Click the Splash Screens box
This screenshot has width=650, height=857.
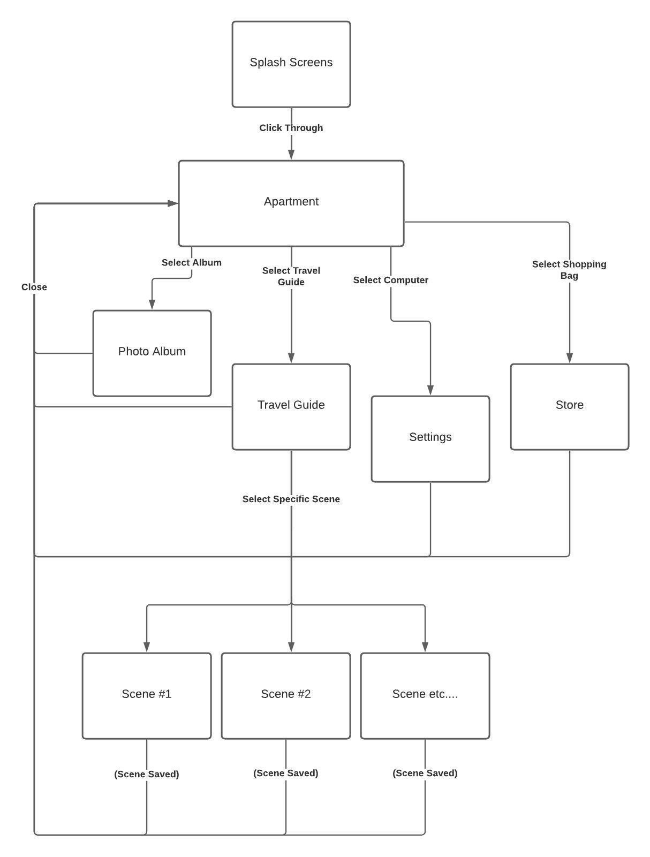(291, 64)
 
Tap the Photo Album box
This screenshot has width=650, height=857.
(152, 353)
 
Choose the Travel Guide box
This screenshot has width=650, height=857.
(291, 407)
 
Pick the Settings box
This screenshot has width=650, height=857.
(430, 439)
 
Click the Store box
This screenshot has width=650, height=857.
(569, 407)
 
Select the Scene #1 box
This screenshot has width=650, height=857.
(146, 696)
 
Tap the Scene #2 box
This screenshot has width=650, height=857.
(285, 696)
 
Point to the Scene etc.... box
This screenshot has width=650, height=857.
(425, 696)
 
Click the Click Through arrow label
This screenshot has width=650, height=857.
(291, 128)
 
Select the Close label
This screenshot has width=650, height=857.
(34, 287)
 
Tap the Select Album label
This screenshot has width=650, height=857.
(191, 262)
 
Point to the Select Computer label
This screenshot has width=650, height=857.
(390, 280)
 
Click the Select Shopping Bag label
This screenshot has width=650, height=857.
(569, 270)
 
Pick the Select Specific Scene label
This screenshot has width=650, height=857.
(291, 499)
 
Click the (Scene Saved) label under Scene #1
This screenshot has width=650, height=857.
(146, 774)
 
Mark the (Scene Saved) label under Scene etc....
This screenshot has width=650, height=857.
(425, 773)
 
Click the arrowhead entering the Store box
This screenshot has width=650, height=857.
(569, 358)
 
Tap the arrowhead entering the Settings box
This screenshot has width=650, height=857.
(430, 390)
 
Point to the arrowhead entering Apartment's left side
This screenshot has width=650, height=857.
(172, 203)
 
